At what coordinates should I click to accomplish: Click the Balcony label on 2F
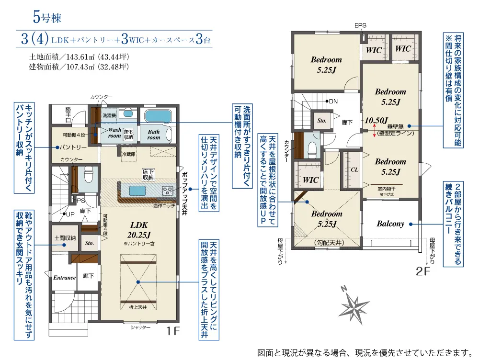[x=390, y=224]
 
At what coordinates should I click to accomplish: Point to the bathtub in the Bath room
[x=159, y=116]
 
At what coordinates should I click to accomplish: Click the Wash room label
[x=114, y=133]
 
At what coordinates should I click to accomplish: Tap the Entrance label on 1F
[x=64, y=278]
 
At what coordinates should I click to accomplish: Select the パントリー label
[x=73, y=146]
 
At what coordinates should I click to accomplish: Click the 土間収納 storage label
[x=64, y=238]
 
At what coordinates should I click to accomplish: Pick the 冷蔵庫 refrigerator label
[x=129, y=155]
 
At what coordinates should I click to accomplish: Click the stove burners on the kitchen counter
[x=168, y=191]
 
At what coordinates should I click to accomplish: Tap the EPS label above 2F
[x=360, y=25]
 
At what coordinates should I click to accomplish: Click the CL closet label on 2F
[x=354, y=169]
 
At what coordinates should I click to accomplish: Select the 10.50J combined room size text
[x=376, y=120]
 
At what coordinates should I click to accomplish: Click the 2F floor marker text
[x=423, y=271]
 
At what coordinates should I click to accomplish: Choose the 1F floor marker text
[x=173, y=330]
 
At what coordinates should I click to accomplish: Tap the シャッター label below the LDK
[x=140, y=327]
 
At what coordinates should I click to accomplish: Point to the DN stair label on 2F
[x=333, y=101]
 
